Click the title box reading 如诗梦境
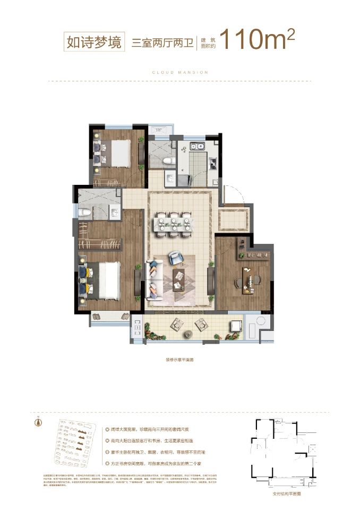(x=93, y=40)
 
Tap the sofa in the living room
(x=152, y=280)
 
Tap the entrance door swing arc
(x=234, y=194)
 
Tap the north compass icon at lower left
(x=38, y=423)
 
